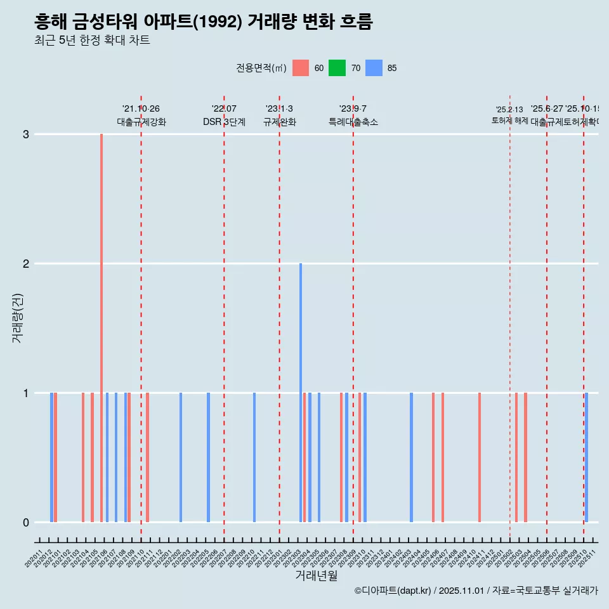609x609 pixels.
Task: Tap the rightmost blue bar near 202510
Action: [587, 457]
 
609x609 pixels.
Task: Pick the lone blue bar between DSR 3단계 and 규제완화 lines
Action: [254, 457]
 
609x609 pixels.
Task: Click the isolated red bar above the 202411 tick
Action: [480, 457]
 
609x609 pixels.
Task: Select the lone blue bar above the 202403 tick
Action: [411, 457]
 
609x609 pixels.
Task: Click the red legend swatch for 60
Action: [301, 68]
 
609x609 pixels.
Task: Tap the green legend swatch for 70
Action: [337, 68]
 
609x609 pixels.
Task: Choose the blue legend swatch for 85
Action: [374, 68]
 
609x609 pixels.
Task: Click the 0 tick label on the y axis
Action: [26, 522]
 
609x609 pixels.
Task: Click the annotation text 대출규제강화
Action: [141, 122]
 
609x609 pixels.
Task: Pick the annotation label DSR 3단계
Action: [224, 122]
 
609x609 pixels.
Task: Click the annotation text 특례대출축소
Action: [353, 122]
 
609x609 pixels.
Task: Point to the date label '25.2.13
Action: [509, 110]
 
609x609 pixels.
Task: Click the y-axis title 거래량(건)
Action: [17, 317]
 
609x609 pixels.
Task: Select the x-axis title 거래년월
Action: [316, 575]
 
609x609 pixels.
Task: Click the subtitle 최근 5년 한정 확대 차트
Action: [92, 41]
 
